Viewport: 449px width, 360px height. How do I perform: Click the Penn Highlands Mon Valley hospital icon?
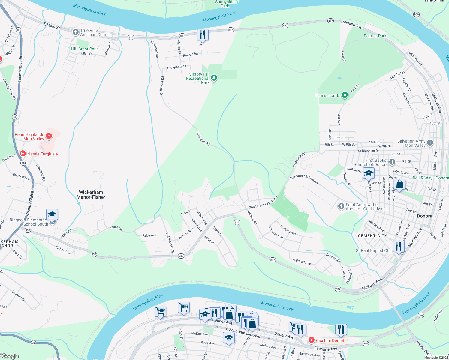[49, 136]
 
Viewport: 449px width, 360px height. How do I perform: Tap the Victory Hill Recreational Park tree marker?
[214, 78]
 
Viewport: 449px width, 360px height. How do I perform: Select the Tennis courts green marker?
[345, 95]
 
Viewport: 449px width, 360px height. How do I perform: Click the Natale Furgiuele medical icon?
[23, 154]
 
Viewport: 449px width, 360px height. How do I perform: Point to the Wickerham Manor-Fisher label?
[91, 195]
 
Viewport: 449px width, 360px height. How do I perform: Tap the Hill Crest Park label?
[84, 49]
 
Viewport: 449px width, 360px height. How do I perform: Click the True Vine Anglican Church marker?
[75, 32]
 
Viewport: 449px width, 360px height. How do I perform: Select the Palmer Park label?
[375, 36]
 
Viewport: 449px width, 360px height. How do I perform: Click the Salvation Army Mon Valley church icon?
[430, 143]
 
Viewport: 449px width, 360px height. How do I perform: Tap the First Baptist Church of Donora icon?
[392, 162]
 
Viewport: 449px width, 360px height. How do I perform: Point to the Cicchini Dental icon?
[312, 340]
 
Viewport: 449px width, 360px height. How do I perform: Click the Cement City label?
[372, 236]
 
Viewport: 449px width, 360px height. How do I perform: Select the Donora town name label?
[424, 216]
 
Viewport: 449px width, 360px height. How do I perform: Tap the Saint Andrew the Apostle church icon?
[341, 206]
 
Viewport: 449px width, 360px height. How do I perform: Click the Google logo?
[10, 356]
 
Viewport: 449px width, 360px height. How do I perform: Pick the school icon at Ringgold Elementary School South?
[52, 215]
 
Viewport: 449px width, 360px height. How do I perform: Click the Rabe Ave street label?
[149, 235]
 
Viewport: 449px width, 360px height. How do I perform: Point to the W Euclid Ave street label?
[301, 262]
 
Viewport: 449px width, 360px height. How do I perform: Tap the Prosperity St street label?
[176, 67]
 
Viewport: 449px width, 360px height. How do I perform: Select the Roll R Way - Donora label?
[430, 178]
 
